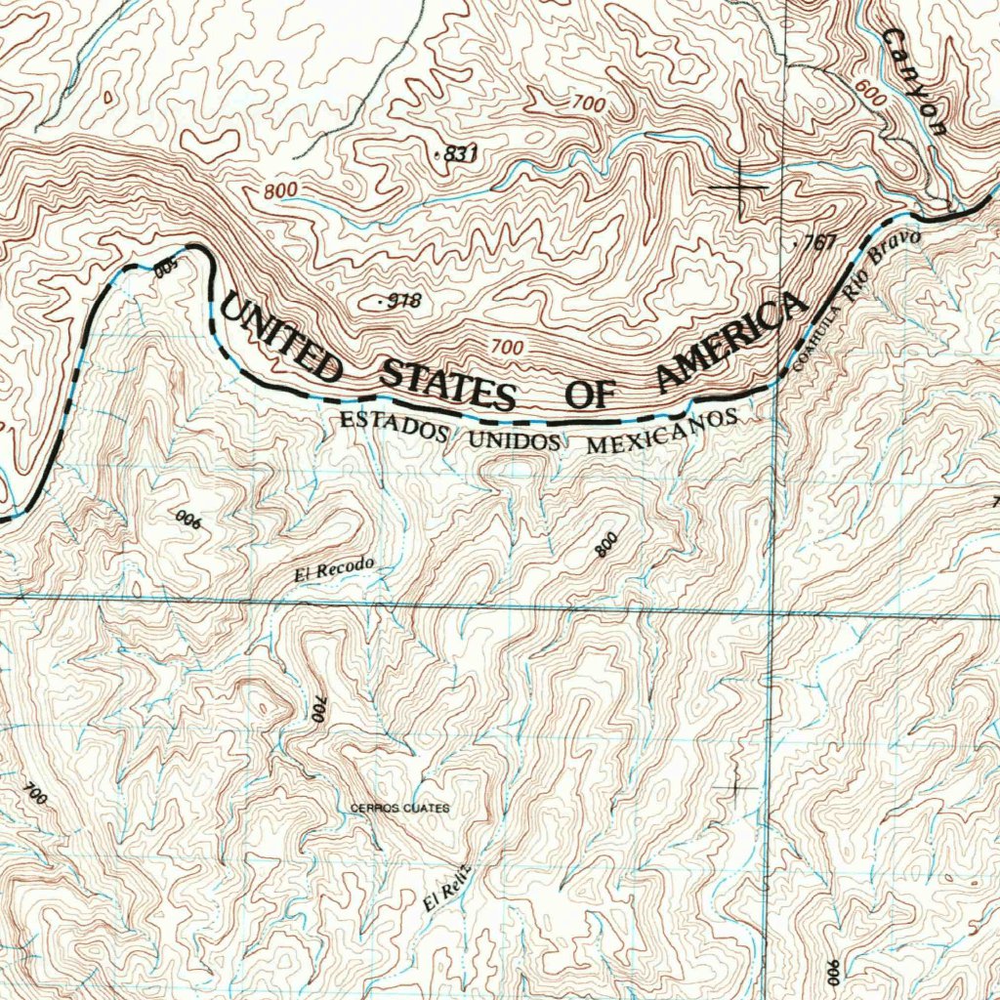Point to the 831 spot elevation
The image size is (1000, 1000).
[458, 153]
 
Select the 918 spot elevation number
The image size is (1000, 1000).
[401, 302]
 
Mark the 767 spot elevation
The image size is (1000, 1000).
[817, 244]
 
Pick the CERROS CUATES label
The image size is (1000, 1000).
[400, 809]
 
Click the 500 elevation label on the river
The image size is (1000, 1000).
[167, 267]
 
